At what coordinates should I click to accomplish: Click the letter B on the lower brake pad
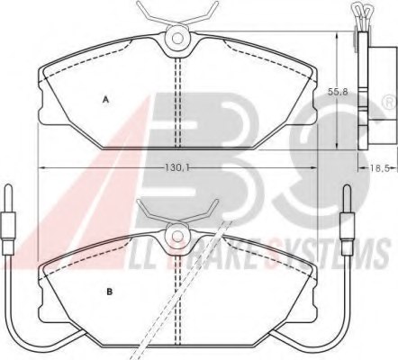(108, 291)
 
